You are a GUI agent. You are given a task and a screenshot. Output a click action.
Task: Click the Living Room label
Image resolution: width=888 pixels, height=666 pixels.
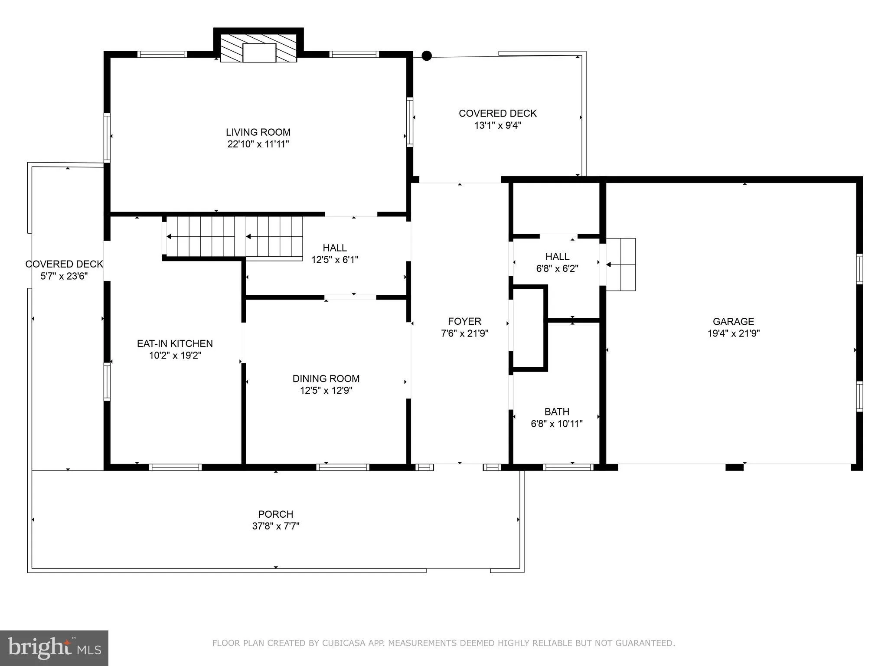pos(258,132)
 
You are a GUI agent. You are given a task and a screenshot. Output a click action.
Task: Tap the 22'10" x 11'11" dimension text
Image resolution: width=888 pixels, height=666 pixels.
pos(258,144)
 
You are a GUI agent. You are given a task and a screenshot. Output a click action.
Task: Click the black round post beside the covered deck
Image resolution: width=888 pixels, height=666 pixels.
pos(427,55)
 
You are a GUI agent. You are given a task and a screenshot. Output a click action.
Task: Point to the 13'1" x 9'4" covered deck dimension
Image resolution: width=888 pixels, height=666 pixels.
pos(497,126)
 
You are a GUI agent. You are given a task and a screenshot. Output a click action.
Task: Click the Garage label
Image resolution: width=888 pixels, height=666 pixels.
pos(733,321)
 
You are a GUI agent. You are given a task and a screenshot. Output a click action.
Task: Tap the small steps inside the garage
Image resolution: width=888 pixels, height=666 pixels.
pos(621,264)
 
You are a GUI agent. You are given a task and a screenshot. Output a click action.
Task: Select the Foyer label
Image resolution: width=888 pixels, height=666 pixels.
pos(464,321)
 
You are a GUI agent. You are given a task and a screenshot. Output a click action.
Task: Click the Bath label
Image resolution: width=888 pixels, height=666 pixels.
pos(557,411)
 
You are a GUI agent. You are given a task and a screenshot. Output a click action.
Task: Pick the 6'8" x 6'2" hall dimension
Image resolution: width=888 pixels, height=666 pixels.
pos(557,269)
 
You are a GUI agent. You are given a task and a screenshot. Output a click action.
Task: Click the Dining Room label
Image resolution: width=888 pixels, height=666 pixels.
pos(326,379)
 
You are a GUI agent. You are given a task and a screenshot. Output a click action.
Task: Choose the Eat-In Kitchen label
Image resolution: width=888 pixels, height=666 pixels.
pos(175,343)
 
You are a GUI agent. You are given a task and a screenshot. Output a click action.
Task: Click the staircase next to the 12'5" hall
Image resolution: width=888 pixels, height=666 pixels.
pos(234,237)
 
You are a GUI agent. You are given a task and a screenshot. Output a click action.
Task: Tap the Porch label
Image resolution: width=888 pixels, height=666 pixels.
pos(276,514)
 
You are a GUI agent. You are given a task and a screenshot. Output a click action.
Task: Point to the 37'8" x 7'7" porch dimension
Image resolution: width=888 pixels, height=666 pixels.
pos(276,526)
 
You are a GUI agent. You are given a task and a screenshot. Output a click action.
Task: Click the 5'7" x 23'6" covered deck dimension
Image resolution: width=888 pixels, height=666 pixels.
pos(64,276)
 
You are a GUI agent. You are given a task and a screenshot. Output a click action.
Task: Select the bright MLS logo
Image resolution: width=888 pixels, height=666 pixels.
pos(54,648)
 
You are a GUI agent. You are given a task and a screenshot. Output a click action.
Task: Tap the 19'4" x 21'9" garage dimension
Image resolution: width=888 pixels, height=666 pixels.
pos(733,333)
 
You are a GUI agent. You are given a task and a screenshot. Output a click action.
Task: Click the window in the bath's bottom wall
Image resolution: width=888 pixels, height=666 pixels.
pos(568,467)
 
